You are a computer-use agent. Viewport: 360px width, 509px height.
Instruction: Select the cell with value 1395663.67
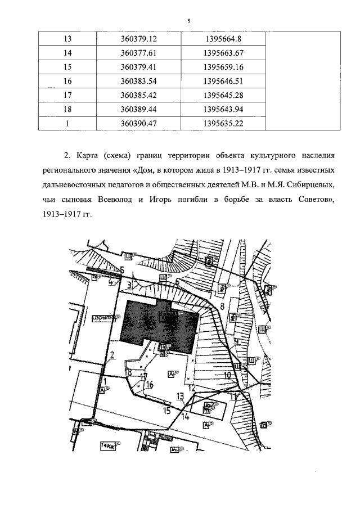coord(218,53)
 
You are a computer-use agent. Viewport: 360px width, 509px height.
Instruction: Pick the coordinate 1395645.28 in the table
coord(218,95)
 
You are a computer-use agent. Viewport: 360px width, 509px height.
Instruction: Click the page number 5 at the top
coord(189,21)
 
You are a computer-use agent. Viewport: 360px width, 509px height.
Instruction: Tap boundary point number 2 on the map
coord(112,355)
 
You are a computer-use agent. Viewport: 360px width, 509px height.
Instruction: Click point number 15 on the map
coord(166,411)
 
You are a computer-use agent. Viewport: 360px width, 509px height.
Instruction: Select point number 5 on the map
coord(122,269)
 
